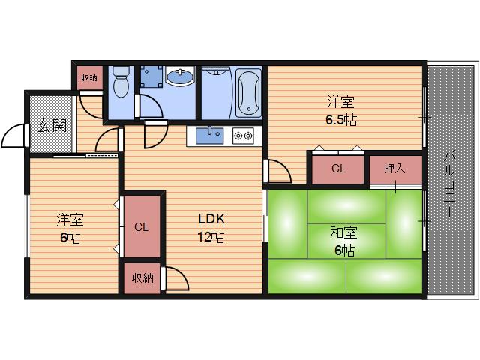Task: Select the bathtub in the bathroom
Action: pos(249,92)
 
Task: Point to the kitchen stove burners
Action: pos(243,136)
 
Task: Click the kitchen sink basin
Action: pos(209,136)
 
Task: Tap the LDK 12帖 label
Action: pos(211,228)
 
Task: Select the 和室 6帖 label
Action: pos(343,241)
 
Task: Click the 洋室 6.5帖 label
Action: pos(341,110)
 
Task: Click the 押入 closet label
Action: pos(394,169)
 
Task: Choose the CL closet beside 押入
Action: pos(338,169)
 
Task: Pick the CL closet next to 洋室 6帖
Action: pos(141,226)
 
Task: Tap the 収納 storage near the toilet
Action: pos(90,78)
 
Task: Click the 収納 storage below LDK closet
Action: pos(142,277)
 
